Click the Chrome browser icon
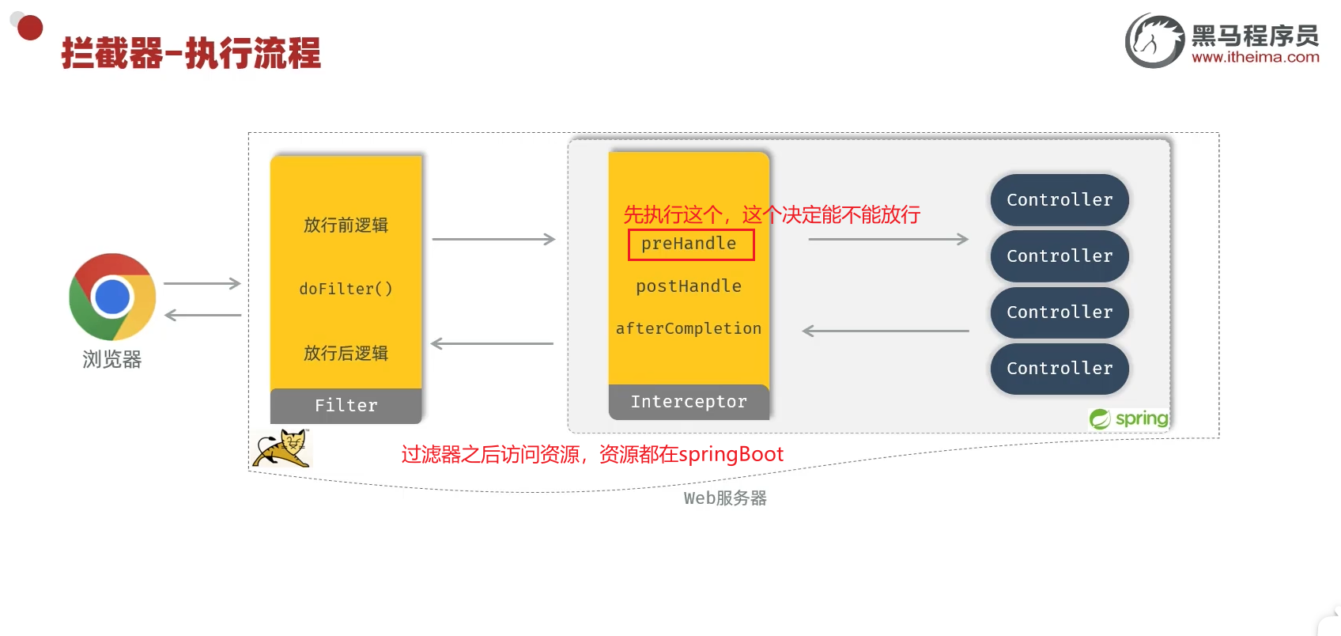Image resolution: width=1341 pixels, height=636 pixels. [x=112, y=297]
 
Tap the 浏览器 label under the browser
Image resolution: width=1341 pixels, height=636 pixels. [x=112, y=360]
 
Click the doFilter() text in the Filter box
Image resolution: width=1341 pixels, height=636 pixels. [x=346, y=289]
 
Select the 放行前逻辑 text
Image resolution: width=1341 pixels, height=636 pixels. [x=346, y=225]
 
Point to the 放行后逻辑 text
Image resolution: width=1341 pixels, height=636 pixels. [x=346, y=353]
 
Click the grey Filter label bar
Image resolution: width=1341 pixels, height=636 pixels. [x=346, y=406]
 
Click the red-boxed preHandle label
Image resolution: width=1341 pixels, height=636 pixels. [x=689, y=244]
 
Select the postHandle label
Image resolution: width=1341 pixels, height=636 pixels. [x=689, y=286]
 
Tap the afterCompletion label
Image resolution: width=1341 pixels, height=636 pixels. [x=689, y=328]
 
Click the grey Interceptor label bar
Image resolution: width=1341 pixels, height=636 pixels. [x=689, y=402]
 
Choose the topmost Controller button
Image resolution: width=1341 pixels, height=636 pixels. [x=1060, y=200]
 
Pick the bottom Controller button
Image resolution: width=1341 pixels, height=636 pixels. [x=1060, y=369]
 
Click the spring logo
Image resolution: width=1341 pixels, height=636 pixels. [x=1129, y=418]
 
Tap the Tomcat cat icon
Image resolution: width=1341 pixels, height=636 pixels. [x=282, y=449]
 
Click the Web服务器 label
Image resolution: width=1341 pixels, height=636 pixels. [x=725, y=498]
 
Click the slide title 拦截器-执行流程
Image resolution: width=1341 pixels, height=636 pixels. [x=191, y=54]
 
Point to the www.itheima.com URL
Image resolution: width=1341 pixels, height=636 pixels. [x=1255, y=57]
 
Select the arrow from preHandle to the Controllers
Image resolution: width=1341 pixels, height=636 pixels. [x=888, y=239]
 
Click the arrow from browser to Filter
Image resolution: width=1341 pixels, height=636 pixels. [x=202, y=283]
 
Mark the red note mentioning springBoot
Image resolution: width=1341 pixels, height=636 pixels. [x=592, y=454]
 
